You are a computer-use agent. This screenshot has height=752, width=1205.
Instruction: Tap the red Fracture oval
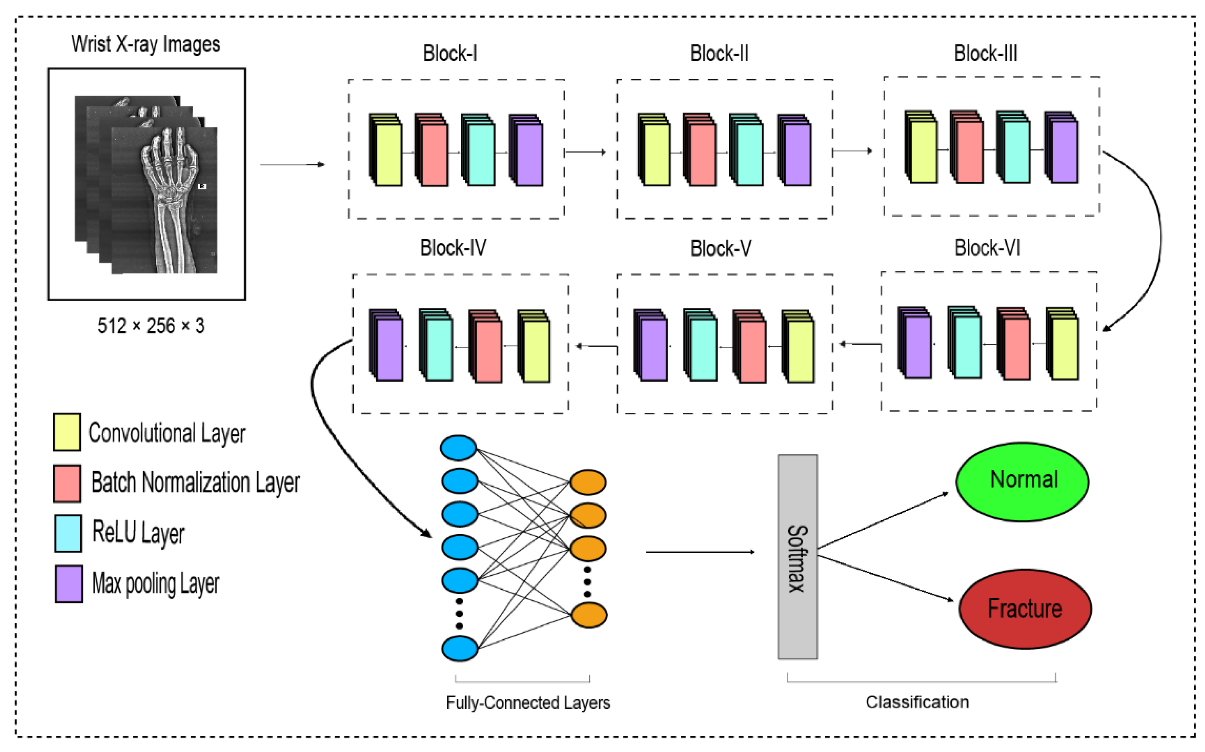pos(1024,609)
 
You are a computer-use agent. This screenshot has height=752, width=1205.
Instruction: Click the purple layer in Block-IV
pos(389,349)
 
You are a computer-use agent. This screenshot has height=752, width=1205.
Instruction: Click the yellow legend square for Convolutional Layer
pos(67,432)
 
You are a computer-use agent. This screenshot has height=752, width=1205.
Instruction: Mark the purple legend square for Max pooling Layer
pos(69,584)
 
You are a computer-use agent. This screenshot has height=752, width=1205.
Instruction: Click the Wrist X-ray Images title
pos(145,44)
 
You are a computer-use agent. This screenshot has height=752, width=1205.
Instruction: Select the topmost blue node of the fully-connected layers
pos(458,448)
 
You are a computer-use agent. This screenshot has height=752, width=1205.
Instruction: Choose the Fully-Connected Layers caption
pos(528,702)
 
